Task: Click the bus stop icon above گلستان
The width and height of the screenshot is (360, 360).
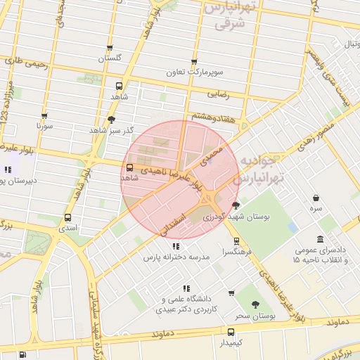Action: [110, 49]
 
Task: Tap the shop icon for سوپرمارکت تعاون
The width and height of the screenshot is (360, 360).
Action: [194, 63]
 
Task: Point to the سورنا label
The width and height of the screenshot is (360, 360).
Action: [45, 128]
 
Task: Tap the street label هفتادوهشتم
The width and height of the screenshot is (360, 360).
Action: [210, 116]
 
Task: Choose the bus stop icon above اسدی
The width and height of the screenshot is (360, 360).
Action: [67, 217]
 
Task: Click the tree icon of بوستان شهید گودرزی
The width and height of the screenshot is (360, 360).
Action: [236, 205]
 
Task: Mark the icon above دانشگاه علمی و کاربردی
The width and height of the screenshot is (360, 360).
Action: [186, 288]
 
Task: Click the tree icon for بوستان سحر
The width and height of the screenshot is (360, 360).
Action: [255, 304]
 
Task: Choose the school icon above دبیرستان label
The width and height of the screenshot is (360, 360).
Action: [8, 169]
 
